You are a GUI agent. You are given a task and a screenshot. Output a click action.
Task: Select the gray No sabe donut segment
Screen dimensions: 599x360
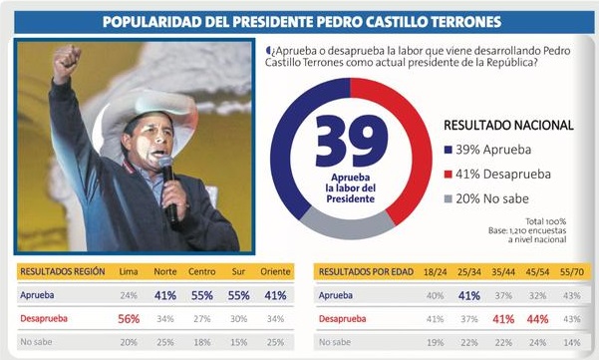tap(347, 226)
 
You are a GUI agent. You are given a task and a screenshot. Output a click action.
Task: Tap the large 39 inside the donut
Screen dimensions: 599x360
tap(352, 141)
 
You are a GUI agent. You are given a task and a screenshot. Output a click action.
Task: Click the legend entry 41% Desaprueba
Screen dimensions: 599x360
tap(497, 175)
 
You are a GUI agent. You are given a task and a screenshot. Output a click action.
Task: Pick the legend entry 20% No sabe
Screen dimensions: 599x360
tap(486, 198)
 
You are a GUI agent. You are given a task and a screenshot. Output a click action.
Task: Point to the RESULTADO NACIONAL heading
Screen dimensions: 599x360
tap(508, 125)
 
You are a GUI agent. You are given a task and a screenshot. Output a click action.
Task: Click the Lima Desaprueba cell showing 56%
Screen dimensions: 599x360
tap(129, 319)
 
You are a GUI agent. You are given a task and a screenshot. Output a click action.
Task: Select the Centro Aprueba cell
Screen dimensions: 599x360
tap(202, 295)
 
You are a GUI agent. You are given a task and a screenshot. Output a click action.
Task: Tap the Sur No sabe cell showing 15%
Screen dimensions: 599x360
tap(239, 342)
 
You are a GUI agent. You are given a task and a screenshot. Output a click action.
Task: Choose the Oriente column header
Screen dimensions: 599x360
tap(275, 271)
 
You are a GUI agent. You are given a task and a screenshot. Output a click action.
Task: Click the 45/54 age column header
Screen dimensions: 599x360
tap(537, 272)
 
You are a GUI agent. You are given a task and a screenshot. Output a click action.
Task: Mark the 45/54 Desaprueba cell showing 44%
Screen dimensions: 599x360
tap(537, 319)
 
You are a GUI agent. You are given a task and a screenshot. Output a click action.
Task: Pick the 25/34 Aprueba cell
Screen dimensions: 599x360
tap(469, 295)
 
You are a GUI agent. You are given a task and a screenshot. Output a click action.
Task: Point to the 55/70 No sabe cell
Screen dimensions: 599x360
tap(572, 342)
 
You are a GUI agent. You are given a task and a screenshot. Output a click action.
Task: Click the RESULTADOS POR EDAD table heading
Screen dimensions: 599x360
tap(366, 272)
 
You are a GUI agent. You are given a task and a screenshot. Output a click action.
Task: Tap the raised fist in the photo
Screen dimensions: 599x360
tap(67, 60)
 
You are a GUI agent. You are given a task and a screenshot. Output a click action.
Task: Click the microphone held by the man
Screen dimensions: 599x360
tap(168, 187)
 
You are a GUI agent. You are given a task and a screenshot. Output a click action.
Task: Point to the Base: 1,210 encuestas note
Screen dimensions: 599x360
tap(527, 230)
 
